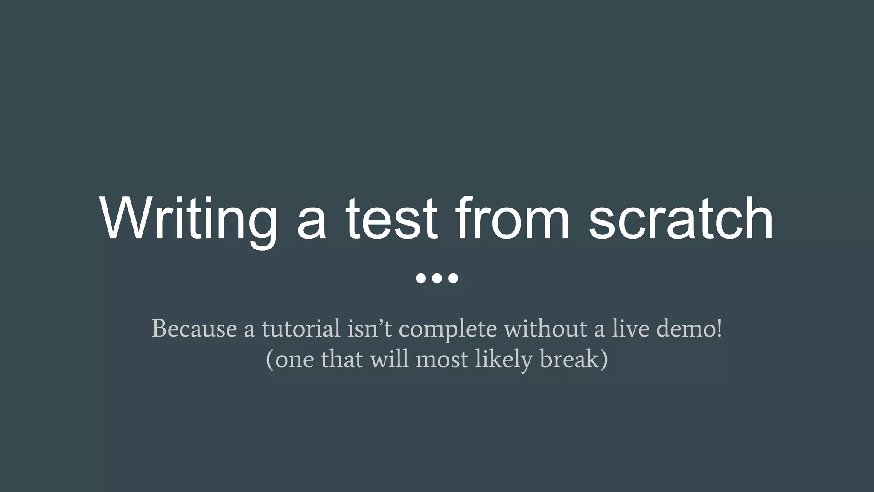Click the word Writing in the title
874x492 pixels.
coord(188,220)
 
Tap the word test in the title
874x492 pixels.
coord(391,220)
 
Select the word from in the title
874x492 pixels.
coord(513,220)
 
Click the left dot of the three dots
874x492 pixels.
coord(421,278)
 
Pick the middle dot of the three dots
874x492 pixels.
coord(437,278)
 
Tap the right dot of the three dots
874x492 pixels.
coord(453,278)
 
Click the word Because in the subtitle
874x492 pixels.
coord(194,329)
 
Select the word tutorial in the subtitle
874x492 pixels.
coord(301,329)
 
